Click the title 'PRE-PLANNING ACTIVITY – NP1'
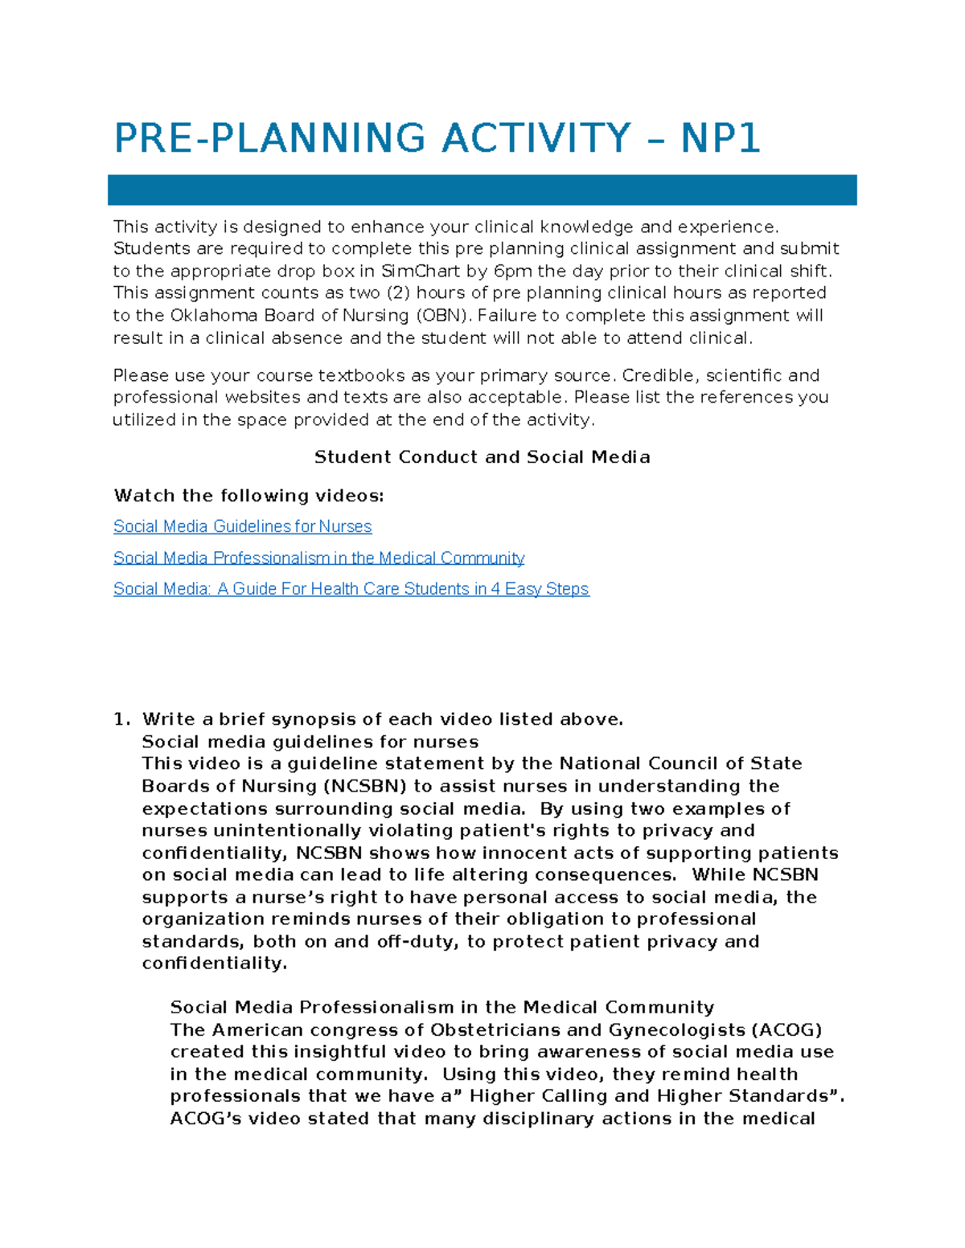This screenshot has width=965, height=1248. click(x=437, y=138)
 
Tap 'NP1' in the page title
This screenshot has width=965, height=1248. click(x=720, y=138)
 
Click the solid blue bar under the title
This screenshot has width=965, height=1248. click(x=482, y=190)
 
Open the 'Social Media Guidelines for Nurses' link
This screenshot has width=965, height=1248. click(x=242, y=526)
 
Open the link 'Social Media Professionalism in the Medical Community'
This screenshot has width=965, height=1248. click(x=318, y=558)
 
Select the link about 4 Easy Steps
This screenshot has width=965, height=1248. click(x=351, y=589)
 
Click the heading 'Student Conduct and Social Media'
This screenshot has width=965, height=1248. click(x=482, y=457)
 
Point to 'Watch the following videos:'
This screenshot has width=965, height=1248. click(x=248, y=496)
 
